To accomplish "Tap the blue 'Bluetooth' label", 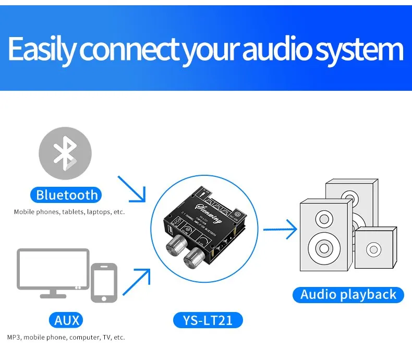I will [67, 196].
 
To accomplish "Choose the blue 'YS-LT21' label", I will [208, 319].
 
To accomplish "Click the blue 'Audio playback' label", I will [348, 295].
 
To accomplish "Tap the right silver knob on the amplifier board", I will [196, 256].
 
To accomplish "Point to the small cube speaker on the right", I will [375, 249].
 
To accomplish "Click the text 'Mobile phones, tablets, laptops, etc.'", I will [69, 212].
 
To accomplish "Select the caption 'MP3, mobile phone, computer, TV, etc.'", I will [66, 338].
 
